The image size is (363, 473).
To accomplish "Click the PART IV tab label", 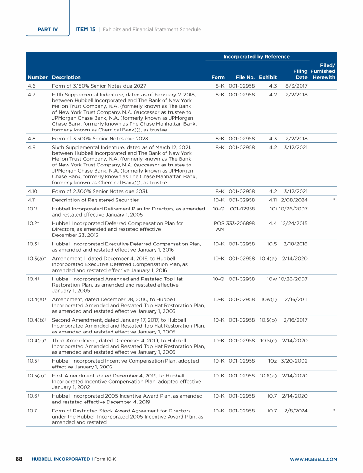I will pyautogui.click(x=48, y=29).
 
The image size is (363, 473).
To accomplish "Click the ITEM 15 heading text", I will pyautogui.click(x=85, y=29).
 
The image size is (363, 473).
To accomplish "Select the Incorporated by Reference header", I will pyautogui.click(x=256, y=57).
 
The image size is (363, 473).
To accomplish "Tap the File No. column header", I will pyautogui.click(x=245, y=77).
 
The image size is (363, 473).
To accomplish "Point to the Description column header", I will pyautogui.click(x=66, y=77).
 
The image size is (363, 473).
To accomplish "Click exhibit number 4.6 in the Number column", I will pyautogui.click(x=32, y=86).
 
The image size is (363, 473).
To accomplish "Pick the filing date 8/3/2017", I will pyautogui.click(x=297, y=86).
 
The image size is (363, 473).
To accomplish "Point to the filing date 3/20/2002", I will pyautogui.click(x=294, y=361).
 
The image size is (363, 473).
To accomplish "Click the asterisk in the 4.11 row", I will pyautogui.click(x=334, y=200).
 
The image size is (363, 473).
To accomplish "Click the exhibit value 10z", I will pyautogui.click(x=273, y=361).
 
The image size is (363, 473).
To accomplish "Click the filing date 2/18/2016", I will pyautogui.click(x=295, y=244).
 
